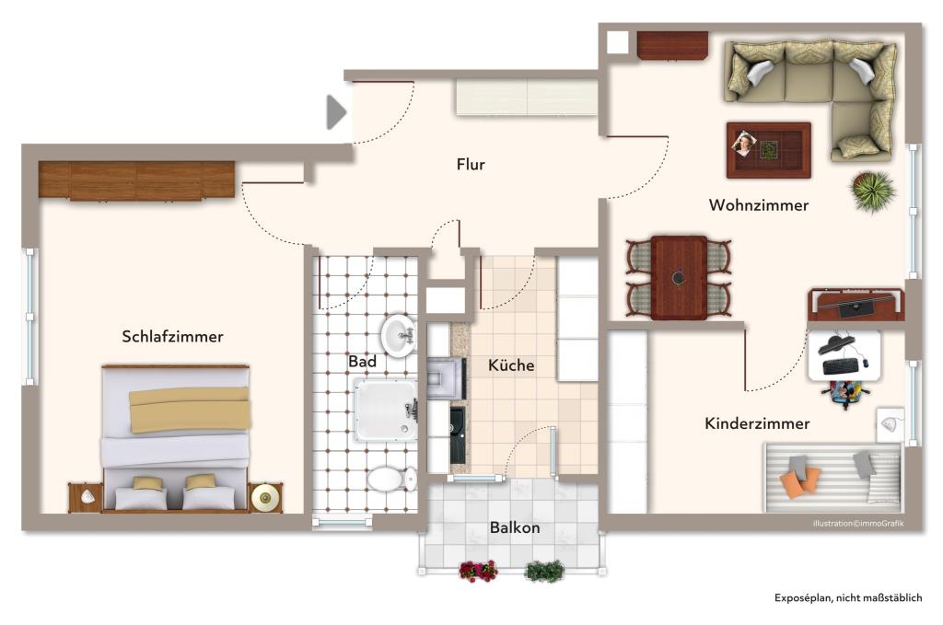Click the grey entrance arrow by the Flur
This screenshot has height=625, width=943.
click(x=336, y=112)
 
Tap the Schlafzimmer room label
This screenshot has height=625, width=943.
click(x=172, y=337)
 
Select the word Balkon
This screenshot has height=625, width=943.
click(x=515, y=528)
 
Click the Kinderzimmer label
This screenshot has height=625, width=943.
click(x=757, y=423)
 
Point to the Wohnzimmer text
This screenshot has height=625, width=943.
click(x=758, y=205)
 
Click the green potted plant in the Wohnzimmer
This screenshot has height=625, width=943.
click(x=871, y=191)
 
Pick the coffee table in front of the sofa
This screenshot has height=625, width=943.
click(x=768, y=149)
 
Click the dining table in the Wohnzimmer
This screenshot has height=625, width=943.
click(x=679, y=277)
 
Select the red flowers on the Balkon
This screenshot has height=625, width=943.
click(x=478, y=571)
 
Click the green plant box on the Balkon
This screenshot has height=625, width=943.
click(x=544, y=572)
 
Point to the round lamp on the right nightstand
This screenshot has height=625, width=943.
click(x=265, y=497)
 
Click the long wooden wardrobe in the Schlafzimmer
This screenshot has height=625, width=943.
click(x=136, y=180)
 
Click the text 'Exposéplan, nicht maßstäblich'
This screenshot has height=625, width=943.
click(x=847, y=598)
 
